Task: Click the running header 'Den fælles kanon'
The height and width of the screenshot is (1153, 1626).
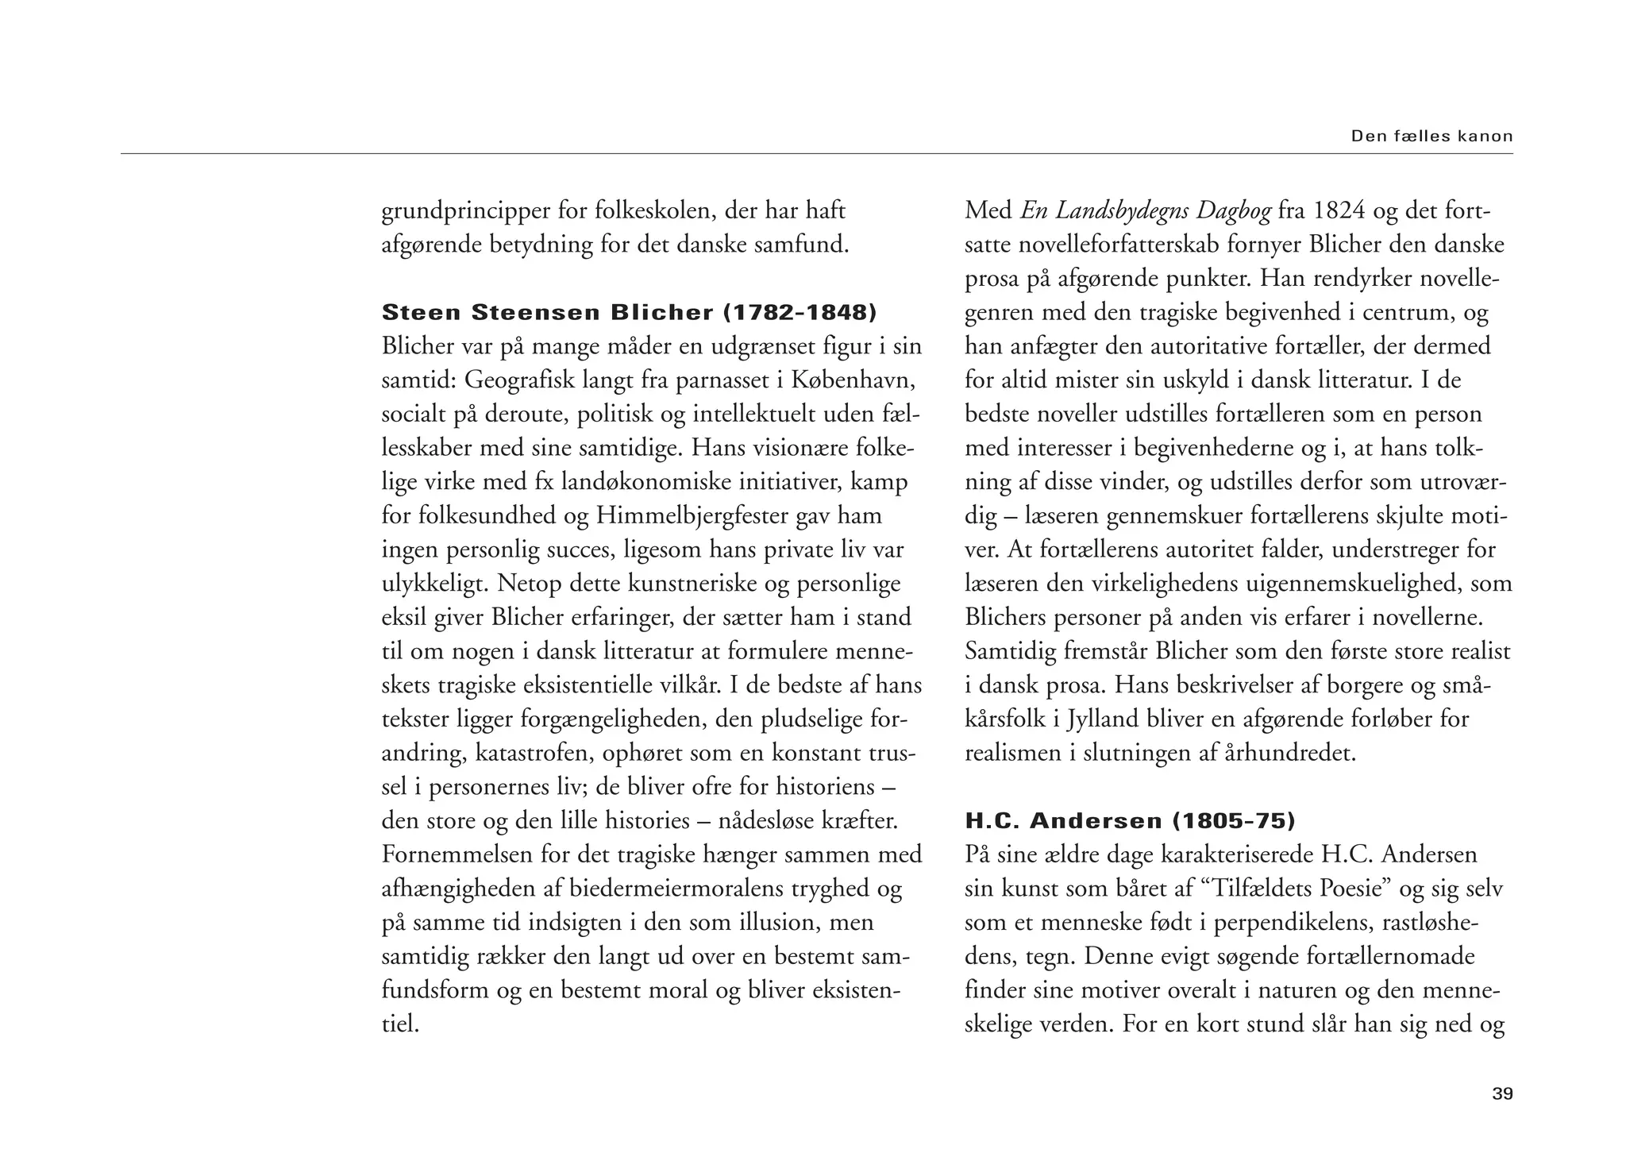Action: pyautogui.click(x=1431, y=136)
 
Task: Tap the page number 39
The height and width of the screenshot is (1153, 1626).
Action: pyautogui.click(x=1502, y=1094)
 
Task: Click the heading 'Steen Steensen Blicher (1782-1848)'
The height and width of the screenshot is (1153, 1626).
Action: pyautogui.click(x=629, y=312)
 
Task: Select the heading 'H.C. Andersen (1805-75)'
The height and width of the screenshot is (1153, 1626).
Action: pyautogui.click(x=1130, y=820)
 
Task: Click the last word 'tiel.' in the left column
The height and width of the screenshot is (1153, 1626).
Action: pyautogui.click(x=400, y=1024)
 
